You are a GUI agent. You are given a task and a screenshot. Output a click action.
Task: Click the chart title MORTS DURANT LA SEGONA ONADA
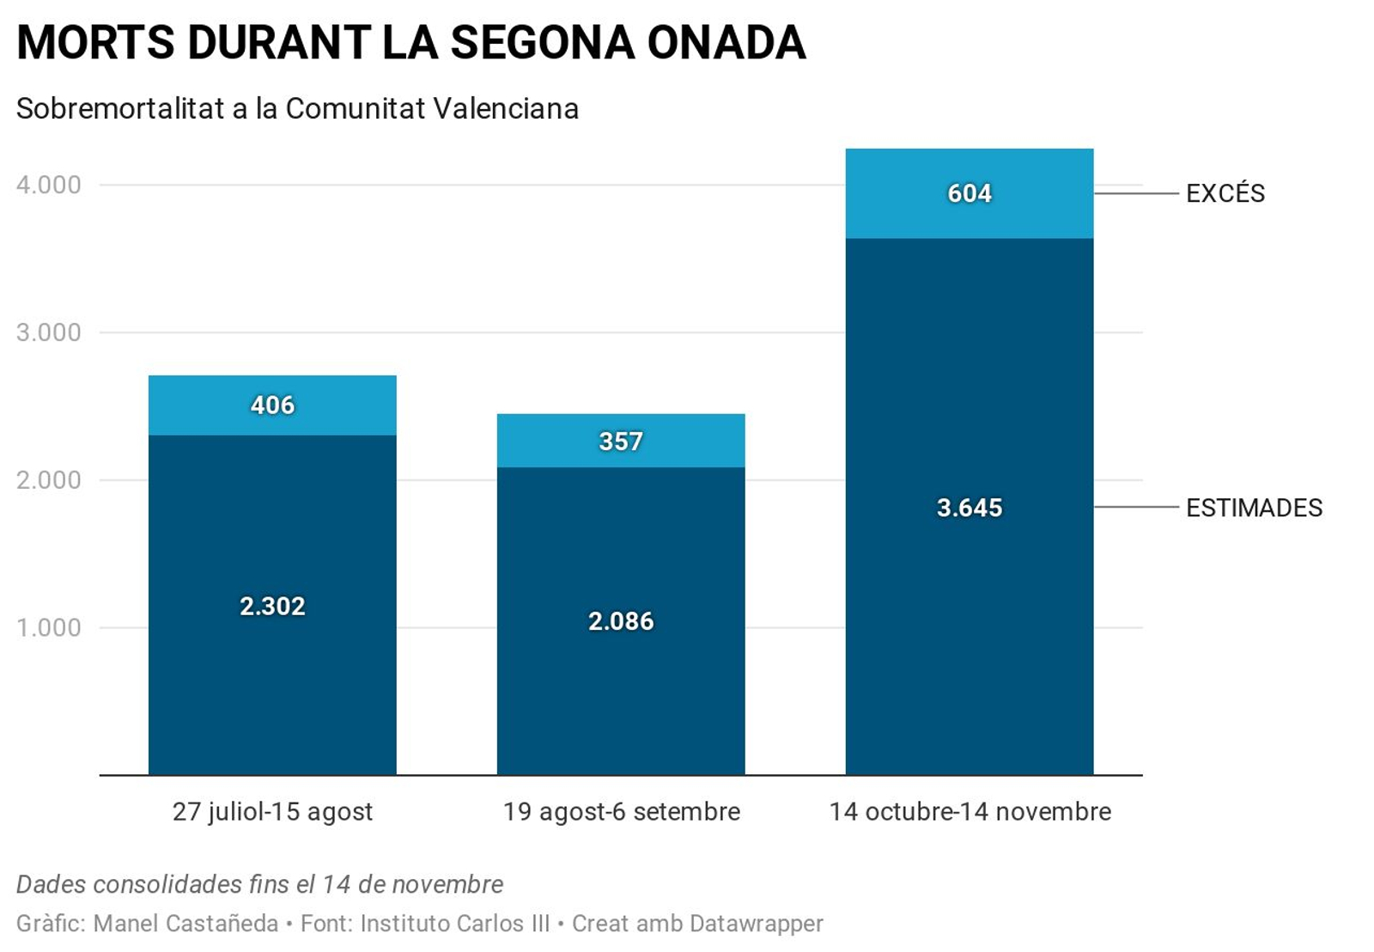coord(410,42)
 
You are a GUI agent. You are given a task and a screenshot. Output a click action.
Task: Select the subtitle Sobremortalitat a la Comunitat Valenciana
coord(297,109)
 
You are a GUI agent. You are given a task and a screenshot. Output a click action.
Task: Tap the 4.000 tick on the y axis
coord(49,185)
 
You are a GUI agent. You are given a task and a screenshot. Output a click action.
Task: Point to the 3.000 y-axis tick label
coord(49,333)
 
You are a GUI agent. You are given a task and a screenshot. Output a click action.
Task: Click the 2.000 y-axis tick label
coord(49,480)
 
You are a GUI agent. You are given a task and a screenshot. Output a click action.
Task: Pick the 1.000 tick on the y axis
coord(49,628)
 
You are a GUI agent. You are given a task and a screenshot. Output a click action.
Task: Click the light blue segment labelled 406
coord(272,406)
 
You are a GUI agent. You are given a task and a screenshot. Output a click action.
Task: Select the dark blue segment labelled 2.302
coord(272,606)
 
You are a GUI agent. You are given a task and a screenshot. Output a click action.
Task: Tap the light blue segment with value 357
coord(621,441)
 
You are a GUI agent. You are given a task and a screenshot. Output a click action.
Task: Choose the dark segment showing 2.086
coord(621,620)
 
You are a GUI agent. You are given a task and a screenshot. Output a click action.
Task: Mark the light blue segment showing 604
coord(970,193)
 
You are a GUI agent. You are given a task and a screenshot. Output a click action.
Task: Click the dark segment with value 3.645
coord(970,507)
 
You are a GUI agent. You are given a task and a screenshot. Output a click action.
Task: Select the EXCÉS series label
coord(1225,193)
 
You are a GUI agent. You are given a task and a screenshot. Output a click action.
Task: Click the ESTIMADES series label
coord(1254,508)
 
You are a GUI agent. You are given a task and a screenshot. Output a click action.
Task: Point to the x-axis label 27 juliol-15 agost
coord(272,812)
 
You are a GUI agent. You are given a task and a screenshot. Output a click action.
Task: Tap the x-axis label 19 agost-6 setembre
coord(621,812)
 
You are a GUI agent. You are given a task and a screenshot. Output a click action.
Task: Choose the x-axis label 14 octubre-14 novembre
coord(970,812)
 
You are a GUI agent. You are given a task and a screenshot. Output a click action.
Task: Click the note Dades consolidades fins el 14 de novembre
coord(259,884)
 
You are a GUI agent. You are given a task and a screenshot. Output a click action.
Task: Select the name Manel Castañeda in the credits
coord(185,924)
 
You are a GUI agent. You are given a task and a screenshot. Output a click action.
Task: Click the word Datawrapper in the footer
coord(756,924)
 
